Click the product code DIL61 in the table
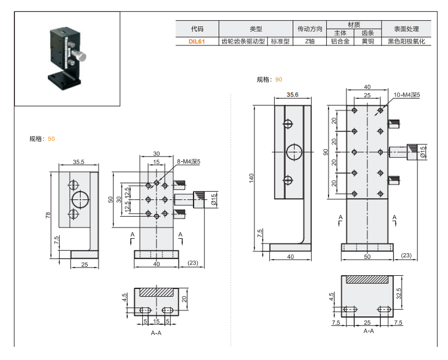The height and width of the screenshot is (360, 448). click(197, 42)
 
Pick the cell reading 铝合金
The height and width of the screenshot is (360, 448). click(340, 42)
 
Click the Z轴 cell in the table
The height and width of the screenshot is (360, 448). click(309, 42)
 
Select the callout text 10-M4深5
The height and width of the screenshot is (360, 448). click(407, 95)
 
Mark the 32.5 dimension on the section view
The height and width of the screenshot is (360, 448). click(413, 294)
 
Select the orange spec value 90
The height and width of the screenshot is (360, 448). click(279, 79)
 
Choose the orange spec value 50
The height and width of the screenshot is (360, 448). click(51, 139)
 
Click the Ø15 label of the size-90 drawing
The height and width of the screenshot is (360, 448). click(423, 151)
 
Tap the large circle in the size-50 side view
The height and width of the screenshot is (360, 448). click(79, 199)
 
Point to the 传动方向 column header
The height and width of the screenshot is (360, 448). click(309, 29)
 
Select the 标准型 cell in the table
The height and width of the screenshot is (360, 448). click(280, 42)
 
